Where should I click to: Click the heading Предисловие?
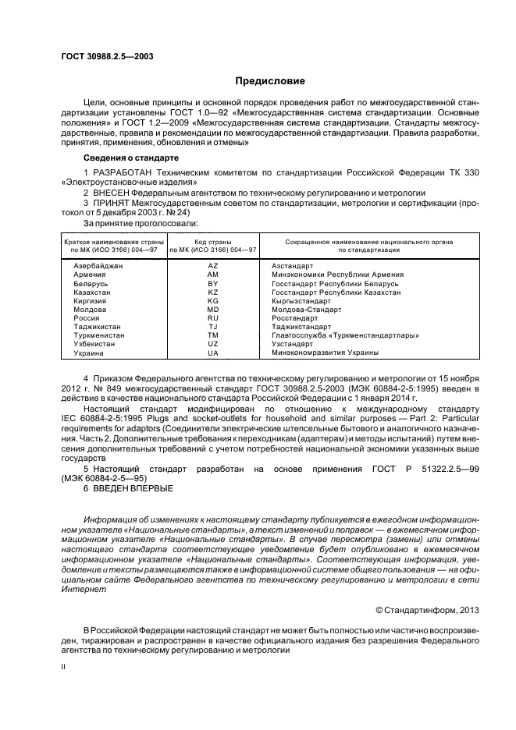click(x=265, y=81)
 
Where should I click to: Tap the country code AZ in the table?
click(x=212, y=267)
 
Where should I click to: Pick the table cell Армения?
click(x=84, y=275)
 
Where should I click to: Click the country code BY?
click(x=212, y=284)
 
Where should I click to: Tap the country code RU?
click(x=212, y=318)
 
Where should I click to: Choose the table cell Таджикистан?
click(x=92, y=327)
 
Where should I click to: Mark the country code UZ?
click(x=212, y=344)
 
